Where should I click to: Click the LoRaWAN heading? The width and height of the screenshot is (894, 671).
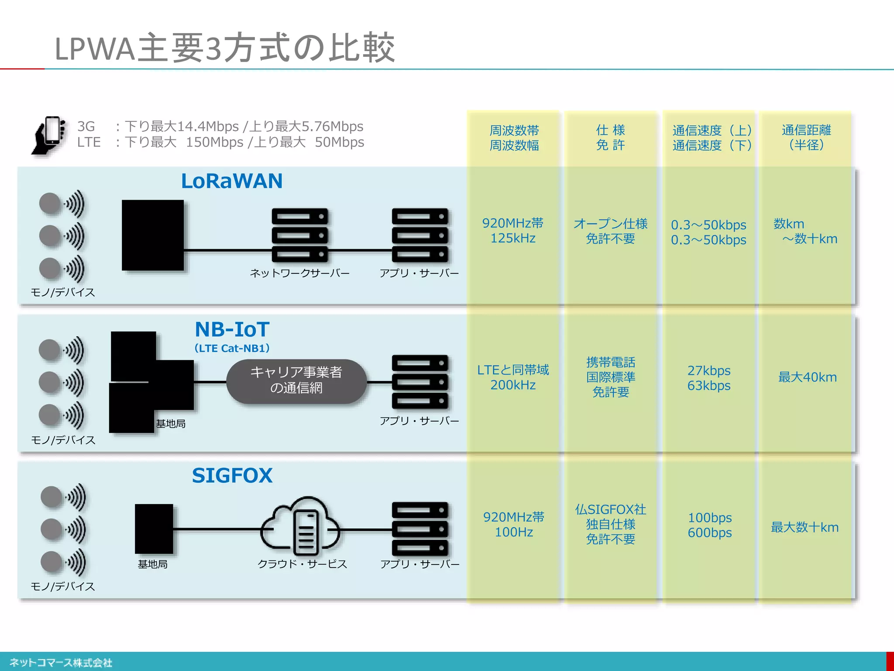coord(232,181)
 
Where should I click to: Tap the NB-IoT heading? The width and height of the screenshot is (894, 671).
coord(232,329)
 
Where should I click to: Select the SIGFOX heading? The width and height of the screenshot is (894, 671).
coord(232,475)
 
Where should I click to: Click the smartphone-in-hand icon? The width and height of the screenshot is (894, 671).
coord(49,135)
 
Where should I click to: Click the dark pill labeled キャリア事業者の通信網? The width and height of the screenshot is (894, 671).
coord(296,381)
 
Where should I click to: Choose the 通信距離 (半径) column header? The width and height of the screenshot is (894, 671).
coord(806,138)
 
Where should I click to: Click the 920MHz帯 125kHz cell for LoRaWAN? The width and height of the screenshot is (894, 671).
coord(513,231)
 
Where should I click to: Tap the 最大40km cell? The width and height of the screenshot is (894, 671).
coord(807,377)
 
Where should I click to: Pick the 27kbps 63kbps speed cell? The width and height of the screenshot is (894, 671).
coord(708,378)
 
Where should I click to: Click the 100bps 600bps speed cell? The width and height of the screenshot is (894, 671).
coord(709,525)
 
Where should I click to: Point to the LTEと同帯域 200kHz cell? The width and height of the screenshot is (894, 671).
coord(513,377)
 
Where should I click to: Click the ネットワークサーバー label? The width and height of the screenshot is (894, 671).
coord(299,273)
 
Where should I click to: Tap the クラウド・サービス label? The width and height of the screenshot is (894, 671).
coord(302,564)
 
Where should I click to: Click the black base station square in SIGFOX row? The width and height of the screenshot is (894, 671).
coord(154,529)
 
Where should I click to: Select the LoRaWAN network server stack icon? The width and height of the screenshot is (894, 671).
coord(299,235)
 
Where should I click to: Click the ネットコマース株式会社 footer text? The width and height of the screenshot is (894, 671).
coord(61,663)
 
